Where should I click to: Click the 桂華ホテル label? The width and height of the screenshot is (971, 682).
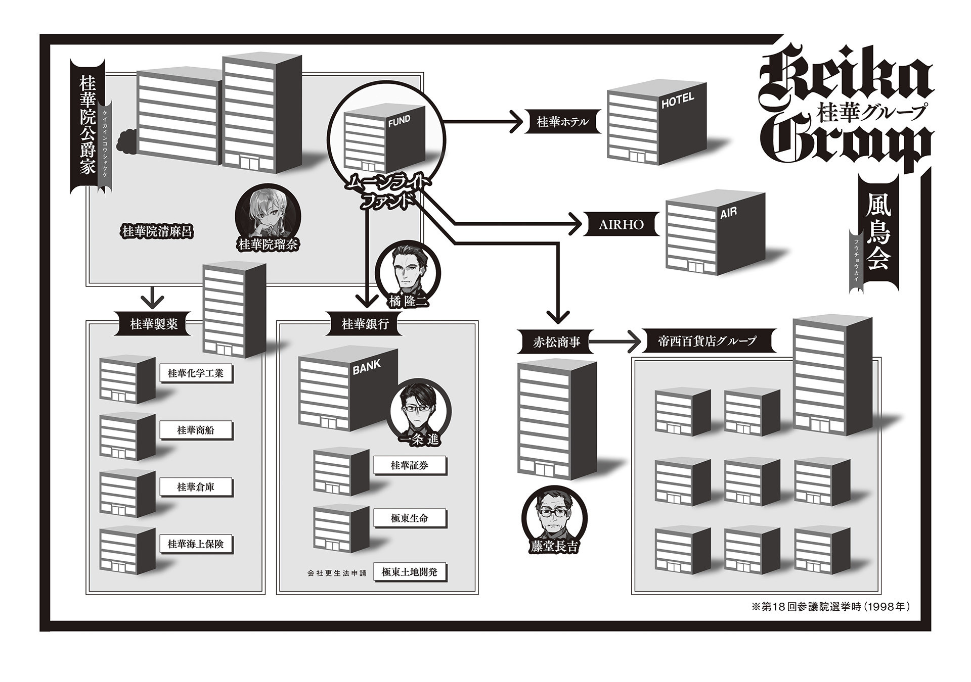(x=563, y=122)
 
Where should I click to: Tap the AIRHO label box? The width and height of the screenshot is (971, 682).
(x=621, y=224)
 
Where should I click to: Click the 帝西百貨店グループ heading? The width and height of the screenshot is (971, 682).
(x=707, y=341)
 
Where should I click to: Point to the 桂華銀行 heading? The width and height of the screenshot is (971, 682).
(x=365, y=324)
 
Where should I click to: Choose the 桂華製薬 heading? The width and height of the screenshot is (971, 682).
(x=154, y=324)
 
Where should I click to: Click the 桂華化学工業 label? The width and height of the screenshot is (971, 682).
(x=196, y=374)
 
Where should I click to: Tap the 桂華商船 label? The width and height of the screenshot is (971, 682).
(x=196, y=430)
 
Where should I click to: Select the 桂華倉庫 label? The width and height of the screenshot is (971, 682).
(x=196, y=488)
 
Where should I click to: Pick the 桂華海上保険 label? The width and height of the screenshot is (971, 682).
(x=196, y=545)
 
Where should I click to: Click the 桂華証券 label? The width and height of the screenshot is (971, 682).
(x=410, y=466)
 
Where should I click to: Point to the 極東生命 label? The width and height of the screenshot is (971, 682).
(x=410, y=518)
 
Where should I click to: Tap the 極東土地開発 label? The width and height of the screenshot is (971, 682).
(x=410, y=572)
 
